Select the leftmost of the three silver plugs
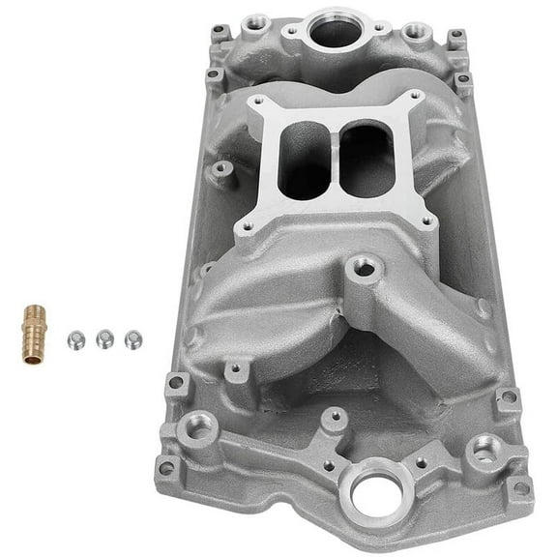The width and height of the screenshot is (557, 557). tap(73, 339)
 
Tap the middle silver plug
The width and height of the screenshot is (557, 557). tap(103, 338)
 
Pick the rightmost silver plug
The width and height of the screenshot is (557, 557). tap(132, 338)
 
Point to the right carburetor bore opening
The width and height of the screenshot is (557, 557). tap(366, 160)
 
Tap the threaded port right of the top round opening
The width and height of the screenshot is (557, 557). tap(415, 31)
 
